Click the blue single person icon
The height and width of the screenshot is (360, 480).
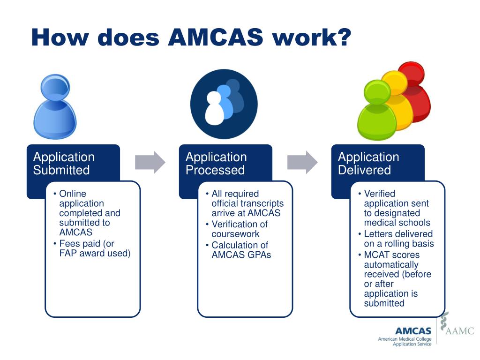pos(54,107)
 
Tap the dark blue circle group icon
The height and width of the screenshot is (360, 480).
pos(224,104)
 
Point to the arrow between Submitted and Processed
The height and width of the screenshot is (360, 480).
pos(150,163)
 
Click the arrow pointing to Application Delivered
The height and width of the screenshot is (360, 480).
pos(302,163)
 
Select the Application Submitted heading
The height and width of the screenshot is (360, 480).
pos(64,164)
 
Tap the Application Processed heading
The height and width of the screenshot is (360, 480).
pos(216,164)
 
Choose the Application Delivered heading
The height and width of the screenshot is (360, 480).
pos(368,164)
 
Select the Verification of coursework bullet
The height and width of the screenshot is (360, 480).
pos(239,229)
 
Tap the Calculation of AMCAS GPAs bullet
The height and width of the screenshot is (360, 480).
pos(240,250)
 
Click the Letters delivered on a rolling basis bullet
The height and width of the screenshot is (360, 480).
pos(398,239)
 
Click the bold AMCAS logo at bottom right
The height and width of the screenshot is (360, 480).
pos(413,331)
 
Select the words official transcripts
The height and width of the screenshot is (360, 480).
pos(247,203)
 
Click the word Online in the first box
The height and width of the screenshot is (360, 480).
pos(73,194)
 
